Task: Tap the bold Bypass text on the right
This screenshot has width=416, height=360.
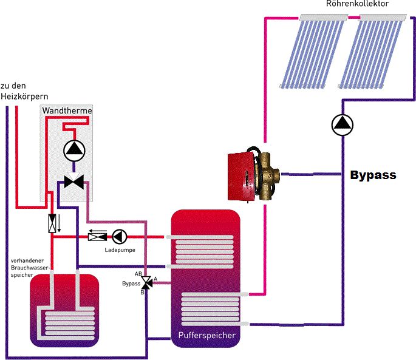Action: click(373, 175)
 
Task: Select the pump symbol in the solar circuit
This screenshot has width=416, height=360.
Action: click(342, 124)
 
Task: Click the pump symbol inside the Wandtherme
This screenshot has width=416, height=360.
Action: click(73, 149)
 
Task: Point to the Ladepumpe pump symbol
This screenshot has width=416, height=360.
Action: click(120, 236)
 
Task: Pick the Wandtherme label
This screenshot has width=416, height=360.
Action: click(66, 110)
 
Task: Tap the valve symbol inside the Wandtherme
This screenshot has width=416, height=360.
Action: click(73, 181)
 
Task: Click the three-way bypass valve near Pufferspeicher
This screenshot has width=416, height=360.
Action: click(146, 283)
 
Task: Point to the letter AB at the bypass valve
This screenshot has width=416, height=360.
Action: click(138, 274)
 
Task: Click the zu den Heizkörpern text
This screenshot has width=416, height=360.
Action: click(24, 90)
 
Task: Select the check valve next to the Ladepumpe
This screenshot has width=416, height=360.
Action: click(97, 236)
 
